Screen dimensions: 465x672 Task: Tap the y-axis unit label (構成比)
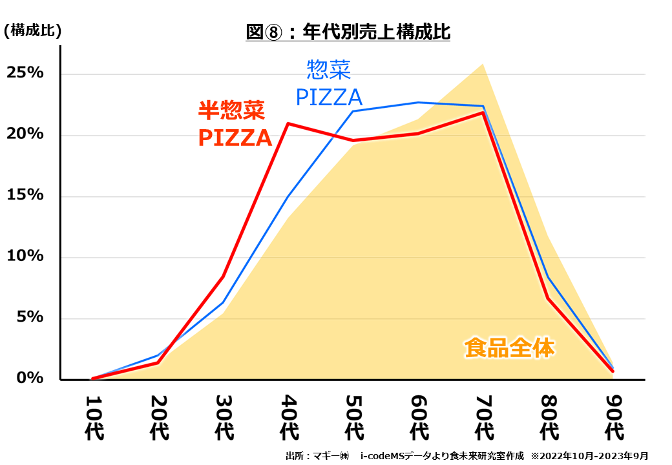coord(33,30)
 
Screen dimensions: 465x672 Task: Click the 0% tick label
coord(30,378)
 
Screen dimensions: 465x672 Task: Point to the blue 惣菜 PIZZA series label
coord(329,83)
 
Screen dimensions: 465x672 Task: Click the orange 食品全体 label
coord(509,347)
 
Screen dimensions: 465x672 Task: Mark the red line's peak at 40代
coord(288,123)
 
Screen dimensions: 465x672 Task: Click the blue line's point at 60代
coord(418,102)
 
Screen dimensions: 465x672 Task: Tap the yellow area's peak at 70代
coord(483,64)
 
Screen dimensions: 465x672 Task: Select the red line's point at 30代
coord(223,276)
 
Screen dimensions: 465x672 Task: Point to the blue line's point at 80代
coord(548,277)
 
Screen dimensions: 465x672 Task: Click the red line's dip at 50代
coord(353,140)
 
